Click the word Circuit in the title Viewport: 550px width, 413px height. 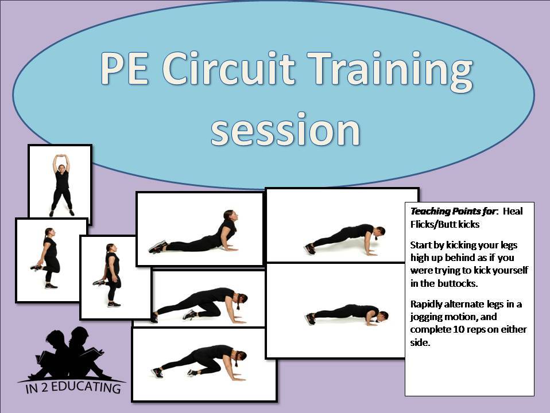point(228,68)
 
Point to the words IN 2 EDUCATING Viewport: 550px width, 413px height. point(73,387)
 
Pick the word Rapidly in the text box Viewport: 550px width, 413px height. point(425,305)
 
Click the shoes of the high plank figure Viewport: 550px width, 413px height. point(309,248)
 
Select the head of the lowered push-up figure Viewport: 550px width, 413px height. point(383,315)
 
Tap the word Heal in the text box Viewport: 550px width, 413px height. point(513,211)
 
